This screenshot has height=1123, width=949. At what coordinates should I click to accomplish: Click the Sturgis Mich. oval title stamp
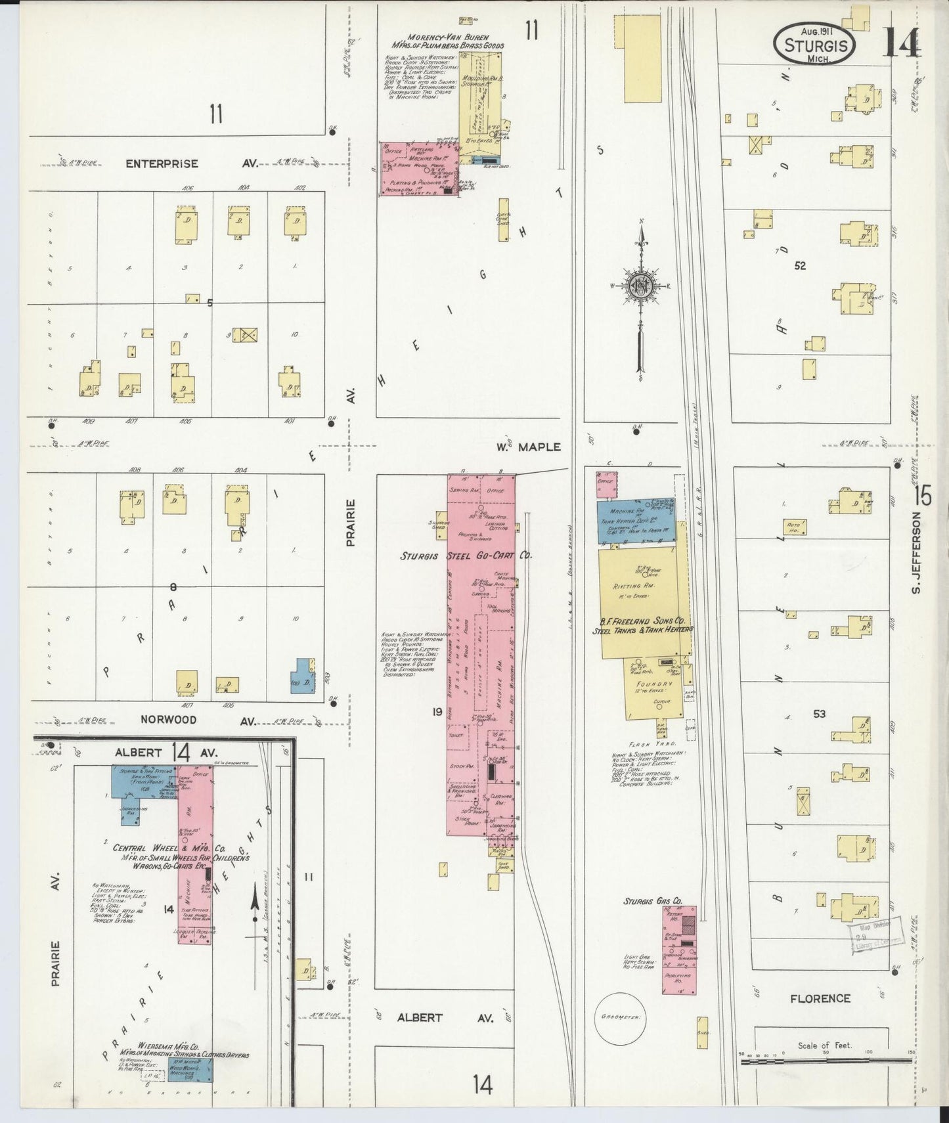(x=814, y=45)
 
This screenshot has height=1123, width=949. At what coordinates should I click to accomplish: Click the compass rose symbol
(x=640, y=286)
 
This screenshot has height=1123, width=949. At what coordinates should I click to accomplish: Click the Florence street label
(x=820, y=998)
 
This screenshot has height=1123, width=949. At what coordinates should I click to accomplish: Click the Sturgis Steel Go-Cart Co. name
(x=466, y=556)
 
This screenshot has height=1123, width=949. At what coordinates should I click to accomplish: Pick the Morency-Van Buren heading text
(x=448, y=38)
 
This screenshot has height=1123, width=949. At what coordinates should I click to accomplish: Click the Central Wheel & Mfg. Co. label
(x=169, y=848)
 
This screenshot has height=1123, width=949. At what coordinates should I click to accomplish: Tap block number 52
(x=799, y=266)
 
